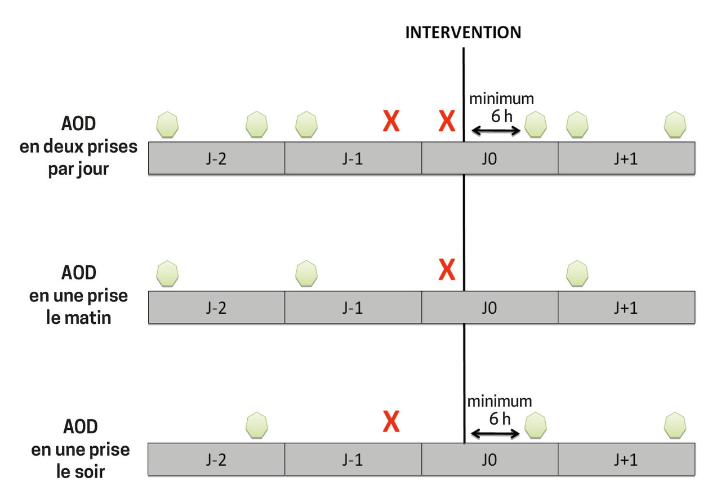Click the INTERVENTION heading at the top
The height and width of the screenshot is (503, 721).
(x=463, y=32)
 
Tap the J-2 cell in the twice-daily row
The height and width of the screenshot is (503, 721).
(x=216, y=158)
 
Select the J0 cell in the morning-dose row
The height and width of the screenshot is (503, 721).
(x=489, y=308)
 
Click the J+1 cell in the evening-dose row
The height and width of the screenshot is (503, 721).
(x=626, y=459)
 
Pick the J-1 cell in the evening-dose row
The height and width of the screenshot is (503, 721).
(x=353, y=459)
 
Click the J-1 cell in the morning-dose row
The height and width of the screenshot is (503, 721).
(x=353, y=308)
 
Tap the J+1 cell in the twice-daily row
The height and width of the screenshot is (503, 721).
(x=626, y=158)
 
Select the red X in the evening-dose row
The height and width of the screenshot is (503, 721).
(x=391, y=421)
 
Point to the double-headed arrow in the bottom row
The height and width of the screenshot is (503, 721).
(x=495, y=434)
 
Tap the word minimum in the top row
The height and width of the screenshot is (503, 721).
(x=501, y=99)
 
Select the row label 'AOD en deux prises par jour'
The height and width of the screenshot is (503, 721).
(x=78, y=146)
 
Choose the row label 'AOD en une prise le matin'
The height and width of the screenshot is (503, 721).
(x=78, y=295)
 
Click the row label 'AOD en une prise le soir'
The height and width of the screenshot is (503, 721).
(x=78, y=449)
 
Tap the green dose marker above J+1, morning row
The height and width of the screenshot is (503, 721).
(x=577, y=273)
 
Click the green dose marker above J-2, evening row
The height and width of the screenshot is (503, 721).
(x=257, y=425)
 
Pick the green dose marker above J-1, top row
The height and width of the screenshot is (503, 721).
(x=306, y=124)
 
